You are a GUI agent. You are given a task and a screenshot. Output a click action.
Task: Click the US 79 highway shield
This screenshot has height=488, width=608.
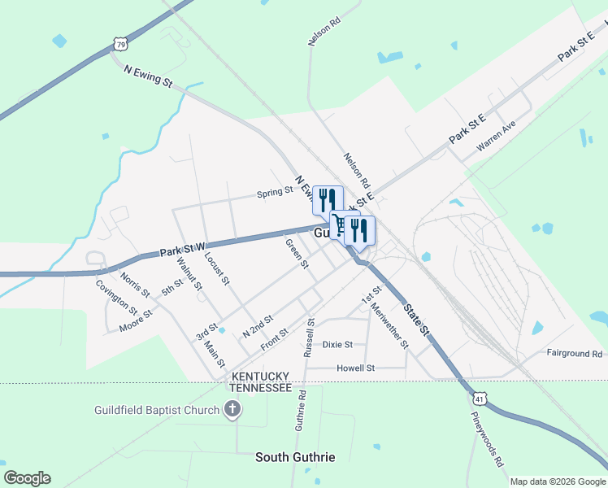[x=119, y=42]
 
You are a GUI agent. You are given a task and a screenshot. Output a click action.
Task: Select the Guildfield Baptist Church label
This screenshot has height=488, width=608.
[x=158, y=410]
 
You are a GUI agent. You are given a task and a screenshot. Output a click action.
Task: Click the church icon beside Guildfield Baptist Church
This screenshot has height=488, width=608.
[x=232, y=409]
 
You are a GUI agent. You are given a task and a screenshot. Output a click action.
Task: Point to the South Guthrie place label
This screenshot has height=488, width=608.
[x=295, y=457]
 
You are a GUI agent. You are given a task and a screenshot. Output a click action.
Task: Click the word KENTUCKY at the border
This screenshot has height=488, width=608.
[x=261, y=377]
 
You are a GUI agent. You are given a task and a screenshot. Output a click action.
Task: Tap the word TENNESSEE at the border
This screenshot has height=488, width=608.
[x=260, y=388]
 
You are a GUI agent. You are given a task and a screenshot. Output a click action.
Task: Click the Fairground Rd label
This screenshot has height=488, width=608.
[x=574, y=354]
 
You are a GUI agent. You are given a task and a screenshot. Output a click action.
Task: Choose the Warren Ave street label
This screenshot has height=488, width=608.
[x=496, y=136]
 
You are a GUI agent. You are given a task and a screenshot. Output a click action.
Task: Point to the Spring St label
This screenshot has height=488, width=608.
[x=275, y=193]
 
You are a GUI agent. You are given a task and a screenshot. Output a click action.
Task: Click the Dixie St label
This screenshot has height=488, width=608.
[x=337, y=344]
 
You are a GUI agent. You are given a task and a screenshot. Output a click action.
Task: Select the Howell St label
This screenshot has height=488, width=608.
[x=355, y=368]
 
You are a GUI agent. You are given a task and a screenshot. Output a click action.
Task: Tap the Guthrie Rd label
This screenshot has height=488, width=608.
[x=301, y=411]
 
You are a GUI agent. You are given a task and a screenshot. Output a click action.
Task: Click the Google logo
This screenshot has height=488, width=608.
[x=27, y=478]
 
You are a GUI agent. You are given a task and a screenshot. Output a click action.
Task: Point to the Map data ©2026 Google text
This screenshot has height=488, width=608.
[x=557, y=481]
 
